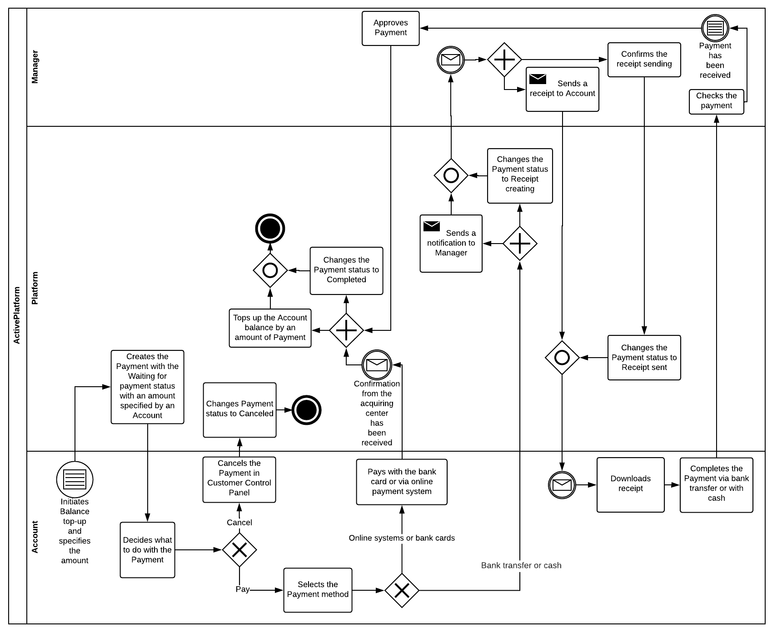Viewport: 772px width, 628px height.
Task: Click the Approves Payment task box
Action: coord(390,28)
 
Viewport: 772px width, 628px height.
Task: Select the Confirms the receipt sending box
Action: coord(644,60)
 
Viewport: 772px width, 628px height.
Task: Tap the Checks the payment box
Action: coord(716,101)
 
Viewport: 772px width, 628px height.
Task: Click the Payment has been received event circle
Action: coord(715,28)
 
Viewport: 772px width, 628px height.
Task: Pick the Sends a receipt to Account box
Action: coord(562,89)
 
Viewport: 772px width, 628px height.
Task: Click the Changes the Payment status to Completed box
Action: coord(346,270)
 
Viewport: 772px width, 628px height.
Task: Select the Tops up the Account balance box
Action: coord(270,328)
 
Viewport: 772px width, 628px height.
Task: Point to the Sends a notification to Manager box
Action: coord(451,243)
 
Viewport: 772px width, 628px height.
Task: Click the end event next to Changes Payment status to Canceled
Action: coord(306,410)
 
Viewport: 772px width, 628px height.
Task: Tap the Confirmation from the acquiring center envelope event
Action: coord(377,364)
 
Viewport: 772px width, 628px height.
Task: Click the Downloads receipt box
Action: coord(630,484)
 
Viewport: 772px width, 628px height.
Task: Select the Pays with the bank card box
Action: coord(402,482)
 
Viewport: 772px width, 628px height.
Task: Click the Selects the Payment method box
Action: coord(318,590)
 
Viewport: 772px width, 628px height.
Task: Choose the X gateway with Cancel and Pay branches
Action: coord(239,550)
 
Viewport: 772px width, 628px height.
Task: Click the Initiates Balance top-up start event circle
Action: coord(75,479)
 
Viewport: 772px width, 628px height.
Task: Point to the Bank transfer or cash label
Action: coord(521,565)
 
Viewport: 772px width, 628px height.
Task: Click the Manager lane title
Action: coord(35,67)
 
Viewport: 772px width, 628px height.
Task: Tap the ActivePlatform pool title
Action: coord(17,315)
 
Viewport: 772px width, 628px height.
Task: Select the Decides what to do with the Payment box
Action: coord(147,550)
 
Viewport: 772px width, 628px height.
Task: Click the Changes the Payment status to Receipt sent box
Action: coord(644,358)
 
